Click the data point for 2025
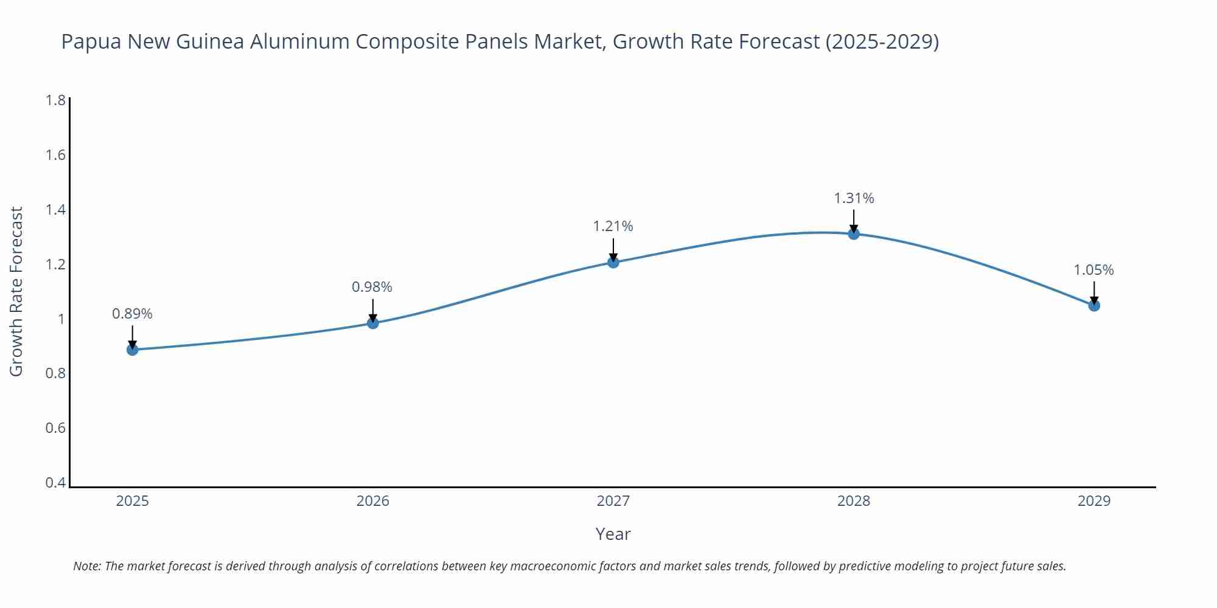132,350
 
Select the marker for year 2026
373,323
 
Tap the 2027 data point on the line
613,262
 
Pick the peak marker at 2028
854,233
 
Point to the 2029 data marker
1094,305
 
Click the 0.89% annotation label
132,314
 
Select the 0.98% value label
372,287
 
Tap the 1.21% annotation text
613,226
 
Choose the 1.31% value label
854,198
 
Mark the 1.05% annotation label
1093,270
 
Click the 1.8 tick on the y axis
56,100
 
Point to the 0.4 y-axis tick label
56,483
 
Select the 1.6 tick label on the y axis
56,155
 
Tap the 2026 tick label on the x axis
372,501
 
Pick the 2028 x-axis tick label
854,501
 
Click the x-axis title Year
613,534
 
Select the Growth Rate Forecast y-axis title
16,291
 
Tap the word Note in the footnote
86,566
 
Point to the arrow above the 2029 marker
1094,292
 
